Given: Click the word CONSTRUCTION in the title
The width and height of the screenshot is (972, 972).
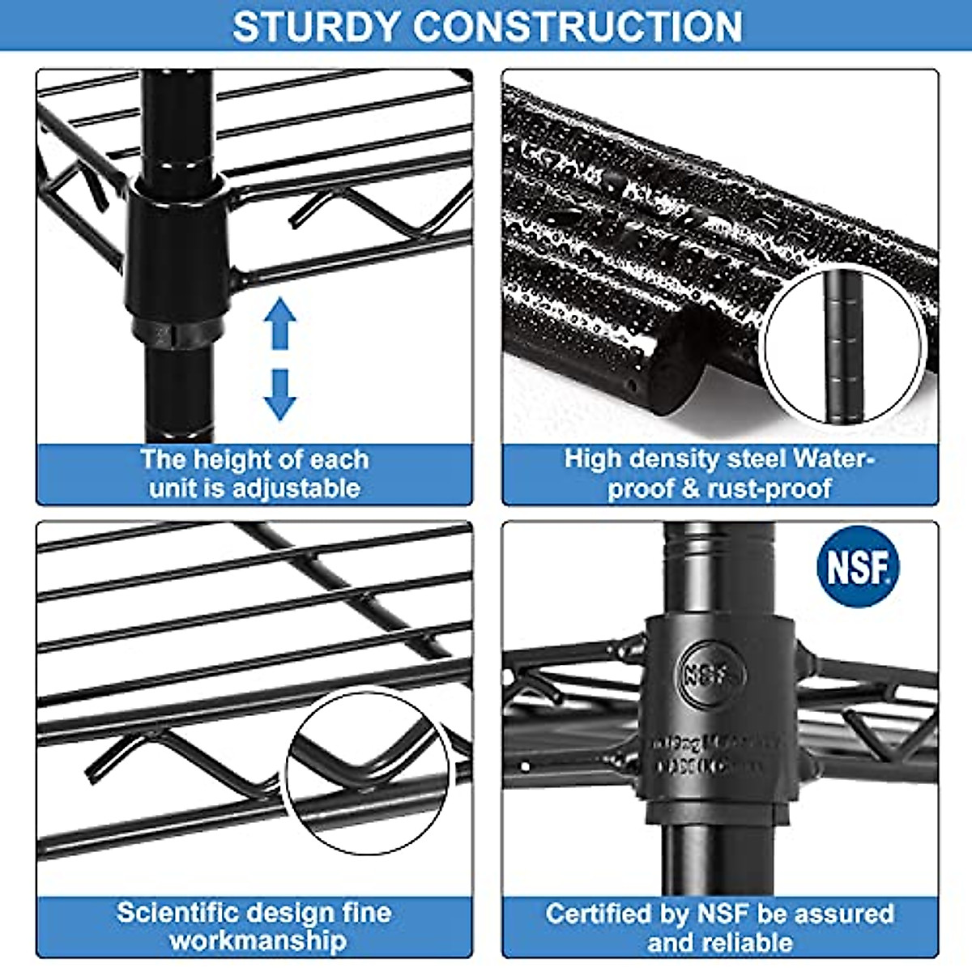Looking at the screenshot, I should click(x=578, y=26).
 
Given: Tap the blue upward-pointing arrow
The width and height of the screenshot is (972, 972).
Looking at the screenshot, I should click(x=280, y=323).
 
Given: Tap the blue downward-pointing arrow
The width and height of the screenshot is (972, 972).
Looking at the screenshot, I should click(x=280, y=394).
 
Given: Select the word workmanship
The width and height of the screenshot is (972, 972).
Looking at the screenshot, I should click(x=258, y=941).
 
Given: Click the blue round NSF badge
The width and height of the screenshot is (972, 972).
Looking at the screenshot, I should click(x=858, y=567).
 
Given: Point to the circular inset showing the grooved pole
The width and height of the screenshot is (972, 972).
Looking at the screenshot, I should click(x=843, y=347).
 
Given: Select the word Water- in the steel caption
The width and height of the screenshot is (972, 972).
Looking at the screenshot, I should click(x=835, y=458).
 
